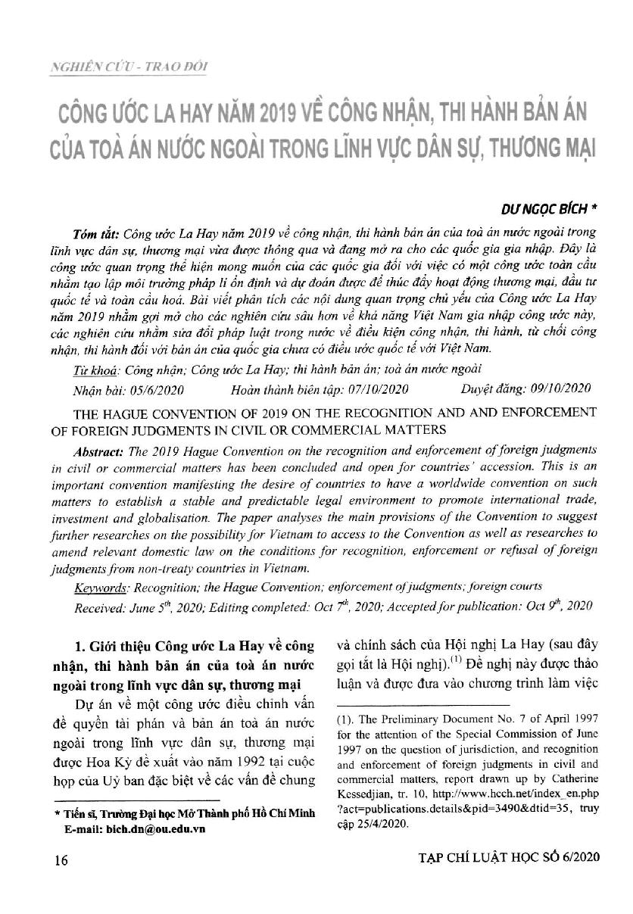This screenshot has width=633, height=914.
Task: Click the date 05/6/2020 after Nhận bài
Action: click(x=154, y=389)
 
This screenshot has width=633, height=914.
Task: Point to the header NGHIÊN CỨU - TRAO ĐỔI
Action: click(x=129, y=67)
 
